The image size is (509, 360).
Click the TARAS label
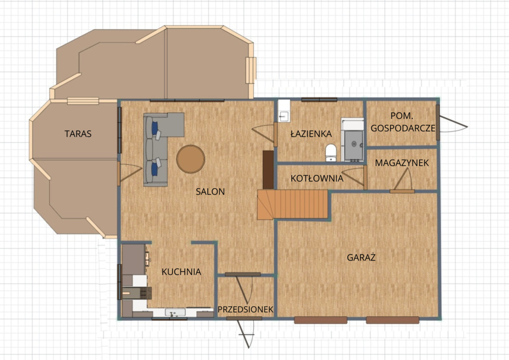pos(78,134)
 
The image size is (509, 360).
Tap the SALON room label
pos(210,191)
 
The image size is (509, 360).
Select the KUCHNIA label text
pos(181,271)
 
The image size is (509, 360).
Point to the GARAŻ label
pos(361,257)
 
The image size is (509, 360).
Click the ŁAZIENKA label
pos(311,133)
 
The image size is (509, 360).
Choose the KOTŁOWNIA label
pos(317,178)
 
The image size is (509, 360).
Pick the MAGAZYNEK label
pos(402,163)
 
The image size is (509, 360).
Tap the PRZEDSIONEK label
pos(246,309)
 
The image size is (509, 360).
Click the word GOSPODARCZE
pos(403,128)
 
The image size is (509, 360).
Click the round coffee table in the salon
pos(190,159)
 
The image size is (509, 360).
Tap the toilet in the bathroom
pos(331,153)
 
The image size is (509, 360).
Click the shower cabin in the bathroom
pos(352,140)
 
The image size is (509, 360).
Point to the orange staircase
pos(293,204)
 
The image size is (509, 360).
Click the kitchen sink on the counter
pos(175,313)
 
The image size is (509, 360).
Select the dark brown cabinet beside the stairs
pos(268,170)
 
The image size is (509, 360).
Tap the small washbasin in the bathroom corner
pos(284,116)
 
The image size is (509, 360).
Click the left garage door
pos(321,320)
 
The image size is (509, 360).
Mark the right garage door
pos(393,320)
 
